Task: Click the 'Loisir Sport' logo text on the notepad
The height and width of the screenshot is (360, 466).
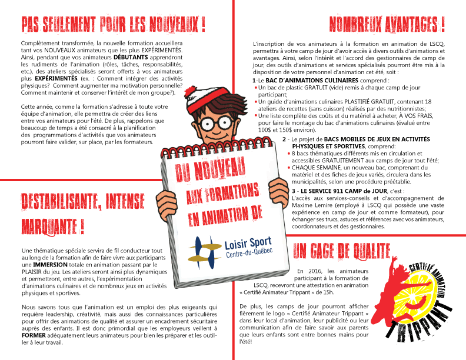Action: pyautogui.click(x=247, y=243)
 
